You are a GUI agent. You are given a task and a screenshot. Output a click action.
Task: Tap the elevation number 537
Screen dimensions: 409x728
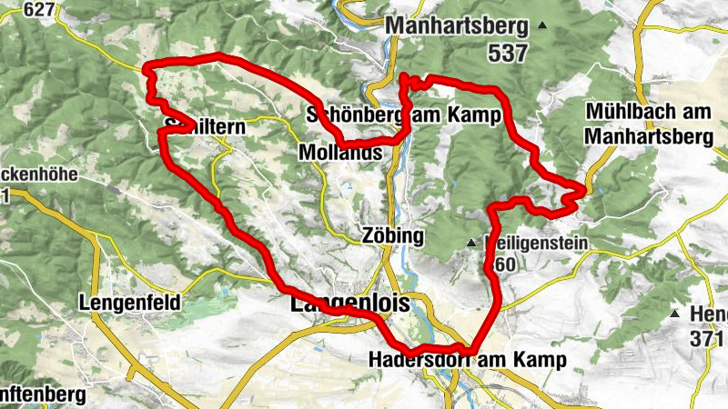click(x=507, y=54)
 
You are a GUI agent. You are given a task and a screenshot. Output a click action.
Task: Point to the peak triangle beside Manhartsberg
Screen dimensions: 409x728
click(x=543, y=25)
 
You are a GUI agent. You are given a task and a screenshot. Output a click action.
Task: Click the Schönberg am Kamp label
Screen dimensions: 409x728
click(x=404, y=116)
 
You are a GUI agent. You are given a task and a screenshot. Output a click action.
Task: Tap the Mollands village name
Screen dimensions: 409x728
click(x=339, y=154)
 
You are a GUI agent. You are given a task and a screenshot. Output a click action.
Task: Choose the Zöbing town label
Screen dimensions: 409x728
click(x=392, y=236)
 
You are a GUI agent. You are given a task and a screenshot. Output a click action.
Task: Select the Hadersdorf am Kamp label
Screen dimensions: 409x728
click(x=468, y=360)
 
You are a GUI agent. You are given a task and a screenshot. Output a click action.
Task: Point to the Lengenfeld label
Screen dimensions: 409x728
click(x=129, y=302)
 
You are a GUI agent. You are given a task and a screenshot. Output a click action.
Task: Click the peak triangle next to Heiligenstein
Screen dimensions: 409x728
click(x=471, y=244)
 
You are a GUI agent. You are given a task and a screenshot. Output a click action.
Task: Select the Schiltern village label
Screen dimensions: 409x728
click(x=204, y=128)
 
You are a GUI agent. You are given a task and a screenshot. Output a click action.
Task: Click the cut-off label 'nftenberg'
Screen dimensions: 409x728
click(x=42, y=395)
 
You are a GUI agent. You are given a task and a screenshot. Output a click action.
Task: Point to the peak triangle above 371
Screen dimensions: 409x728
click(x=674, y=314)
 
